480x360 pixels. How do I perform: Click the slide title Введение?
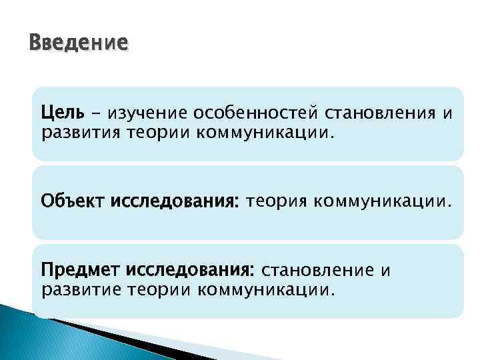click(78, 43)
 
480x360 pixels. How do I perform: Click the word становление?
click(319, 271)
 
